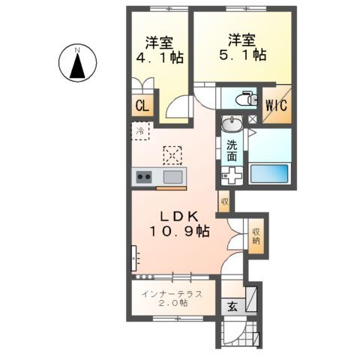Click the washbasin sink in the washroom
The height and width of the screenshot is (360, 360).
(x=232, y=124)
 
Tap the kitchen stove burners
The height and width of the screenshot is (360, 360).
(x=143, y=178)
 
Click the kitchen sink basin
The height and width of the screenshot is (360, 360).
(x=172, y=177)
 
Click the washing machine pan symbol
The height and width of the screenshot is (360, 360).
(x=232, y=176)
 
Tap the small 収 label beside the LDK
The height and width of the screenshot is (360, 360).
(x=223, y=200)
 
